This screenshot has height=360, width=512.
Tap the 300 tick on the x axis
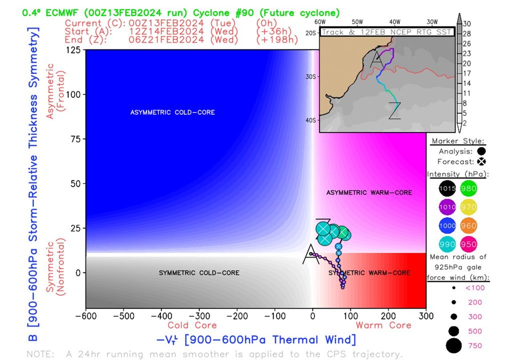click(426, 316)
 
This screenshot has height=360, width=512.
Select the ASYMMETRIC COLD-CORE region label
click(172, 112)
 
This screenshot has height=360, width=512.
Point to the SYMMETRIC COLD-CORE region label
click(199, 273)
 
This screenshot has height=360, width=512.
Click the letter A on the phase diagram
click(310, 254)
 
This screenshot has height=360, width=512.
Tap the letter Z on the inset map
click(395, 110)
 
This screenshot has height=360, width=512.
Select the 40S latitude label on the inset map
click(311, 120)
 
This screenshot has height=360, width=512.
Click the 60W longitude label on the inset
click(320, 22)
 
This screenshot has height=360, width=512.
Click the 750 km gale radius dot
click(454, 345)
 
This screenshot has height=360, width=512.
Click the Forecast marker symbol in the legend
click(482, 161)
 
